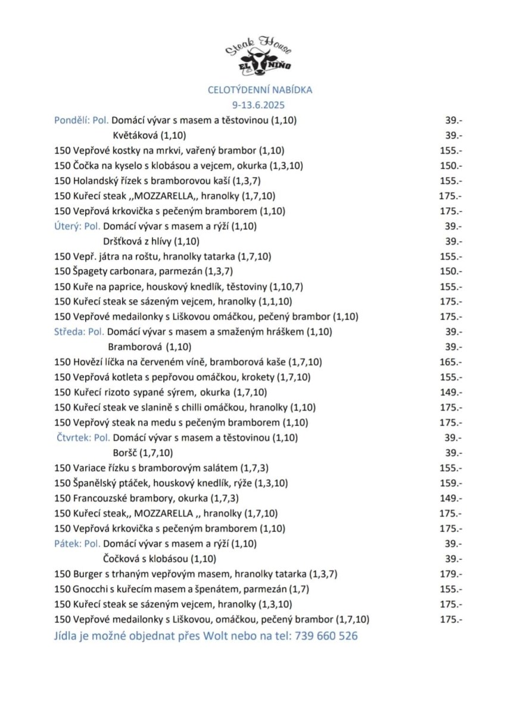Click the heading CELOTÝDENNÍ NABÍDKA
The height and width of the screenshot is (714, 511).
click(x=260, y=90)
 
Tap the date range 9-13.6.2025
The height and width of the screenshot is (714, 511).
click(x=260, y=105)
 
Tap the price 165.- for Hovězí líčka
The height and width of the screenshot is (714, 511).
click(x=450, y=362)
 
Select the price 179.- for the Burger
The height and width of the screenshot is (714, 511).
click(x=450, y=574)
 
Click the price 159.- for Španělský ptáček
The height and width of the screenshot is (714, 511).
click(x=450, y=483)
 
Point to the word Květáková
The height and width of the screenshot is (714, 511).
click(x=136, y=135)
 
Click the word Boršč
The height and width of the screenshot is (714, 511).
click(x=124, y=453)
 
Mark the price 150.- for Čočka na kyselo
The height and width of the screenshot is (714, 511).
click(x=450, y=165)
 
